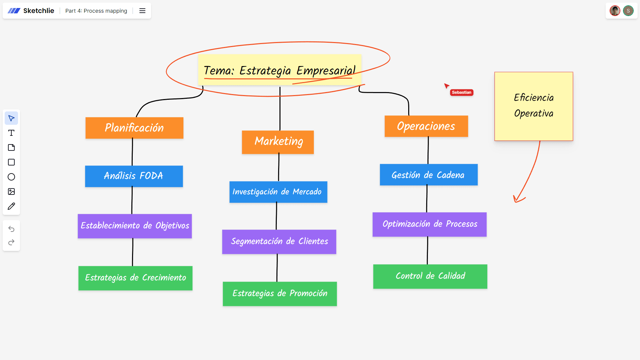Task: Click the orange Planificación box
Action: (134, 128)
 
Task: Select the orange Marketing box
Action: (277, 142)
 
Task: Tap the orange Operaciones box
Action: (426, 126)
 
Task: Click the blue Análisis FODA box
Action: (134, 176)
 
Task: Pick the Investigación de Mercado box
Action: (278, 192)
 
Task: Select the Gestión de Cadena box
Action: (428, 175)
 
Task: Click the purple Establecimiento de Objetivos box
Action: (134, 226)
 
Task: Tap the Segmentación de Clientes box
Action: (279, 242)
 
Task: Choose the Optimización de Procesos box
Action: (429, 224)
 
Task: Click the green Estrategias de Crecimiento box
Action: (135, 278)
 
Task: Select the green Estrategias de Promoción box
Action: (279, 294)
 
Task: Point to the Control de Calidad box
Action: (430, 276)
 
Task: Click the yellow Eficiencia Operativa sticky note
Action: (533, 106)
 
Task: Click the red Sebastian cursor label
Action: (461, 92)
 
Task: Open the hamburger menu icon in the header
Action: (142, 11)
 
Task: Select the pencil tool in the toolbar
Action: (11, 206)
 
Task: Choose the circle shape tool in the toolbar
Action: (11, 177)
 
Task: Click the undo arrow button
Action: (11, 229)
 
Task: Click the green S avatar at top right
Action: (628, 11)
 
